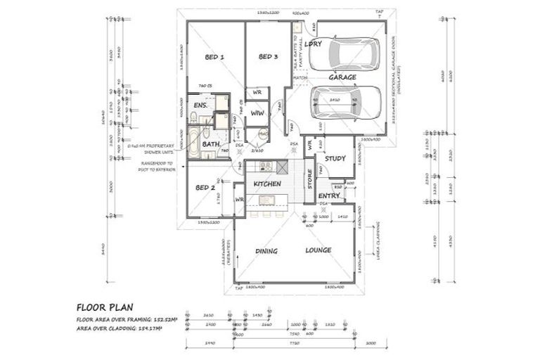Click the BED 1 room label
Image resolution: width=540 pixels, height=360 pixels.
(x=214, y=57)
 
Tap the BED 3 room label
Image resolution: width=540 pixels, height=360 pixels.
(x=269, y=57)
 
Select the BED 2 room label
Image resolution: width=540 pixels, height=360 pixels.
(x=205, y=188)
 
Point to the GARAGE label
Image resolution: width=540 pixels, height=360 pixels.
(x=342, y=77)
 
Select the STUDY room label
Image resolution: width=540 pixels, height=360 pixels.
(x=335, y=158)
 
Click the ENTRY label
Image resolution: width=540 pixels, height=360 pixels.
(x=329, y=196)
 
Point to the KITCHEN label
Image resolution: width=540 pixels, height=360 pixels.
(x=267, y=184)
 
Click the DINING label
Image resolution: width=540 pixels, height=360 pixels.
(x=266, y=251)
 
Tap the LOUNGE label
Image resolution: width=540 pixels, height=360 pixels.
(x=318, y=251)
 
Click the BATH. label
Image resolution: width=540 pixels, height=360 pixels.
(x=211, y=144)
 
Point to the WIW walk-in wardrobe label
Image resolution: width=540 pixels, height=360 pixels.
(x=257, y=112)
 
